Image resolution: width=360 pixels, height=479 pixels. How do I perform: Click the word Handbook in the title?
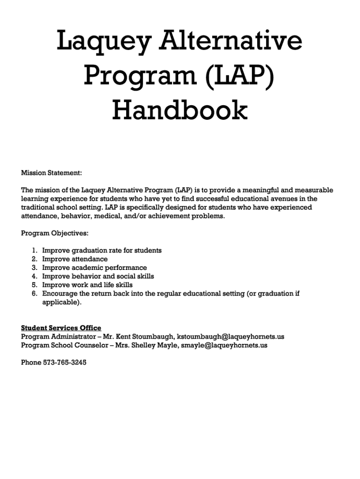(180, 111)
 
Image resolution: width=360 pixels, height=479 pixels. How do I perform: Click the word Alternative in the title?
(232, 41)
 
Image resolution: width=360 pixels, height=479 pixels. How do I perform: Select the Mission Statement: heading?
(51, 173)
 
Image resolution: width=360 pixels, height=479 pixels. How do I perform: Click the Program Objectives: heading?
(55, 233)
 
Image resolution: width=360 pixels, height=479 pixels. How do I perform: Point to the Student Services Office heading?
(61, 328)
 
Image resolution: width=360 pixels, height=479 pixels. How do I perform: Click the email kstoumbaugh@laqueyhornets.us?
(230, 337)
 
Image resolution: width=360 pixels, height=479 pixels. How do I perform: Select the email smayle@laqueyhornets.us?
(224, 345)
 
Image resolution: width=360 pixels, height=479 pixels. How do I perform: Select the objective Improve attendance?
(75, 259)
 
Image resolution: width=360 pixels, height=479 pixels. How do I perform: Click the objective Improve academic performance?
(94, 268)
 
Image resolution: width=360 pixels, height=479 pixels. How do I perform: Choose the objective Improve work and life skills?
(87, 285)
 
